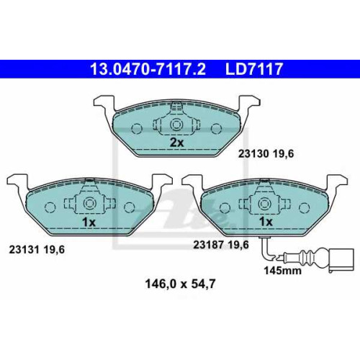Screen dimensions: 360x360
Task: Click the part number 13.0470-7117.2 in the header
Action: click(148, 69)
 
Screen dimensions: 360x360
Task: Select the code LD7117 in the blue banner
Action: click(254, 69)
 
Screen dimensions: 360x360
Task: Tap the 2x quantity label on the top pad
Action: click(176, 143)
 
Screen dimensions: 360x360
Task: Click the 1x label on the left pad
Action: click(89, 222)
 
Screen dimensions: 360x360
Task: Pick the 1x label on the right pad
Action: click(266, 222)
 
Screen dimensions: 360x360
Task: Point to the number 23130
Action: click(253, 154)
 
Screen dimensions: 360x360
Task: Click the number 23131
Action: click(24, 250)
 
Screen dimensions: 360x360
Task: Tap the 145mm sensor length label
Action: click(283, 271)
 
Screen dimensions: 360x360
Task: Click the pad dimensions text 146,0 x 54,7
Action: click(180, 284)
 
